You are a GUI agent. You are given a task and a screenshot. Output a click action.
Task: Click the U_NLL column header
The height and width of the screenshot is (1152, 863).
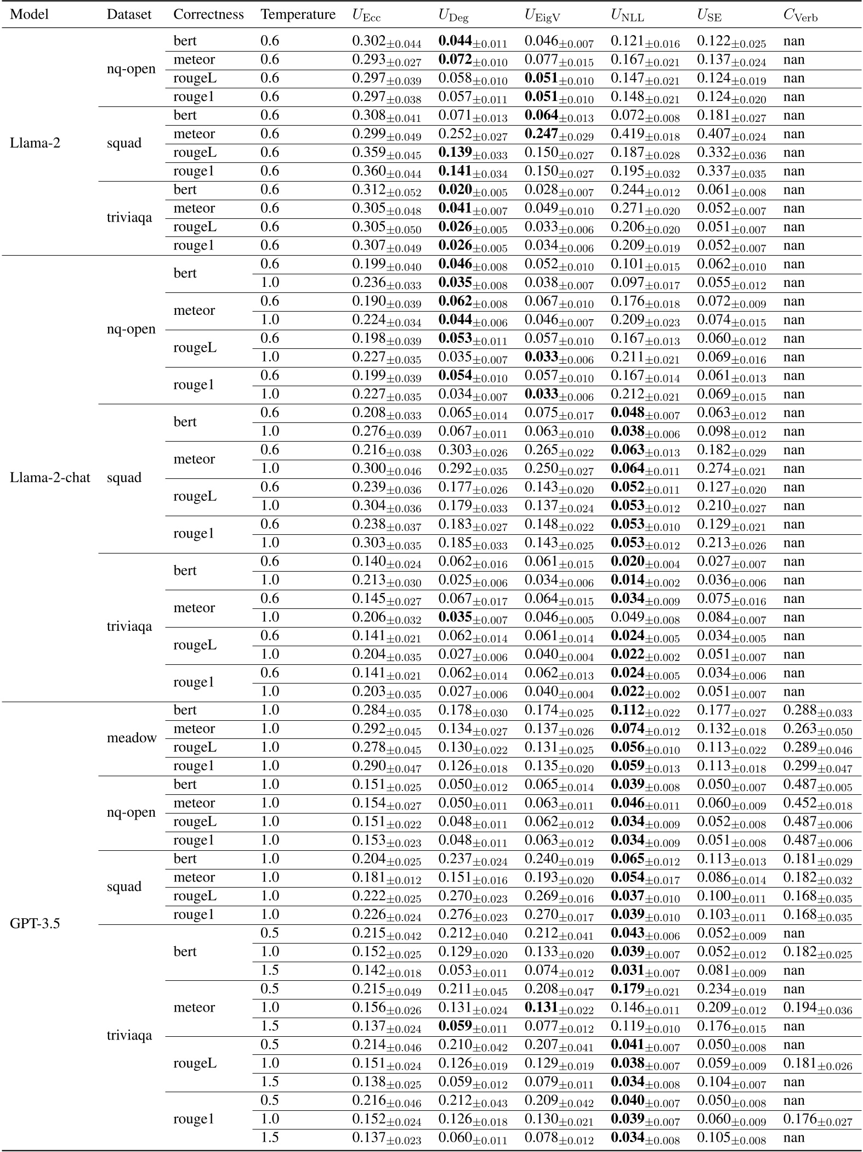[x=627, y=15]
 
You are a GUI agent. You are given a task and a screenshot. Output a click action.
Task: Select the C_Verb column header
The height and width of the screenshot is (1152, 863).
[x=800, y=15]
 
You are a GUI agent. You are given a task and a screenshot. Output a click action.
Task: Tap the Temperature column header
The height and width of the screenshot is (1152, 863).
[x=298, y=14]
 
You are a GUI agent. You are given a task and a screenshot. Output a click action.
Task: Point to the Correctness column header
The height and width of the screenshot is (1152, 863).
[x=208, y=14]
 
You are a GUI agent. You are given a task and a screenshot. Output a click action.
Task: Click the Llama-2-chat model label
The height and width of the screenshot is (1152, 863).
[x=50, y=477]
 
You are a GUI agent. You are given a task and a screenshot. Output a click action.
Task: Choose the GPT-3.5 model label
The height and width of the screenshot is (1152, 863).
[x=33, y=924]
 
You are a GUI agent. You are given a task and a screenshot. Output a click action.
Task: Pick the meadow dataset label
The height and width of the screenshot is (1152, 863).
[x=132, y=738]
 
